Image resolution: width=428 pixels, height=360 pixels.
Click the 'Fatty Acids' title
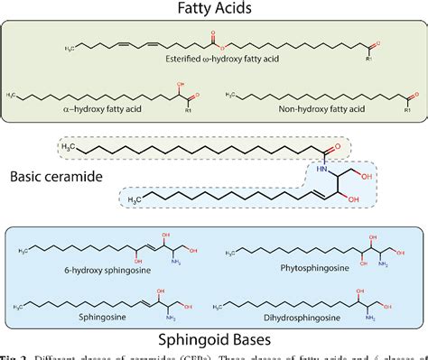tap(214, 10)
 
